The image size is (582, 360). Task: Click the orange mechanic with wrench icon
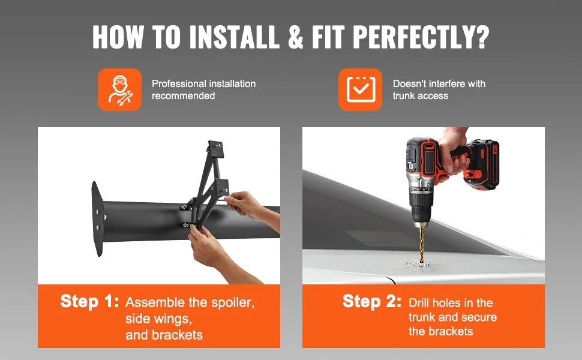pyautogui.click(x=119, y=89)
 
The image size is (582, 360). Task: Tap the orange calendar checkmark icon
pyautogui.click(x=360, y=89)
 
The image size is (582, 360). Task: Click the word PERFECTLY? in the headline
pyautogui.click(x=421, y=37)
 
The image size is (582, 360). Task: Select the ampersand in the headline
pyautogui.click(x=295, y=37)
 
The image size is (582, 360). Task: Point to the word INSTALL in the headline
pyautogui.click(x=235, y=37)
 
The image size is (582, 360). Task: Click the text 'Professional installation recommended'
pyautogui.click(x=203, y=89)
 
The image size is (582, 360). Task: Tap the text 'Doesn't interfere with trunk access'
pyautogui.click(x=439, y=89)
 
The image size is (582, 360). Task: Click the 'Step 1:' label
pyautogui.click(x=90, y=301)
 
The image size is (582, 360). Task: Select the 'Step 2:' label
pyautogui.click(x=372, y=301)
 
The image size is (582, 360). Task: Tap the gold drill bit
pyautogui.click(x=422, y=245)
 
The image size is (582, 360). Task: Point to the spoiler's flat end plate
pyautogui.click(x=98, y=219)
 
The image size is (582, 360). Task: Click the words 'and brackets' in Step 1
pyautogui.click(x=164, y=335)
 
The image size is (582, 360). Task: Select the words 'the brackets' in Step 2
pyautogui.click(x=441, y=331)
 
